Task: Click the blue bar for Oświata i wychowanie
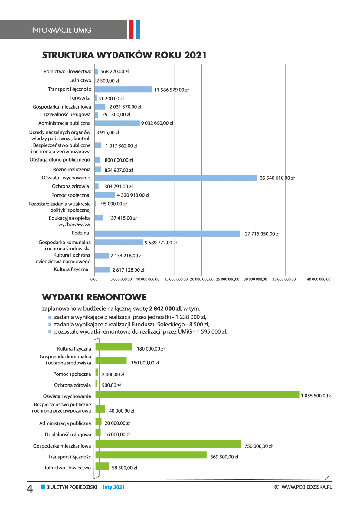pyautogui.click(x=175, y=178)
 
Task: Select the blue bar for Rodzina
pyautogui.click(x=167, y=233)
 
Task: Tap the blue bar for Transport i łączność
pyautogui.click(x=123, y=89)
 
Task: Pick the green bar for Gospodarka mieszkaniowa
pyautogui.click(x=168, y=444)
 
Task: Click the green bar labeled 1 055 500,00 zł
pyautogui.click(x=197, y=394)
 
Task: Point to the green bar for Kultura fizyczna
pyautogui.click(x=114, y=347)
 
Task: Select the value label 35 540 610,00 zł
pyautogui.click(x=277, y=178)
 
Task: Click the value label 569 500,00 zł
pyautogui.click(x=224, y=457)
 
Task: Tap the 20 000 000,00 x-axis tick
pyautogui.click(x=201, y=279)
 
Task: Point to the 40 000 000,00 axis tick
pyautogui.click(x=319, y=279)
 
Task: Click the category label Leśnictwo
pyautogui.click(x=80, y=80)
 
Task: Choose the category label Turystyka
pyautogui.click(x=80, y=98)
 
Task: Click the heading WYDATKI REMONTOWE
pyautogui.click(x=94, y=297)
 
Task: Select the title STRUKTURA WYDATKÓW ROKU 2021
pyautogui.click(x=124, y=55)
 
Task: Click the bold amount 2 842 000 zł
pyautogui.click(x=165, y=308)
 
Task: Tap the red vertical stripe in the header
pyautogui.click(x=131, y=29)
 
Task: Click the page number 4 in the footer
pyautogui.click(x=30, y=488)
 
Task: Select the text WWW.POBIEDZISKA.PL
pyautogui.click(x=306, y=487)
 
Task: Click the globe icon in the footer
pyautogui.click(x=277, y=487)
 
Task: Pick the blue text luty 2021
pyautogui.click(x=114, y=487)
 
